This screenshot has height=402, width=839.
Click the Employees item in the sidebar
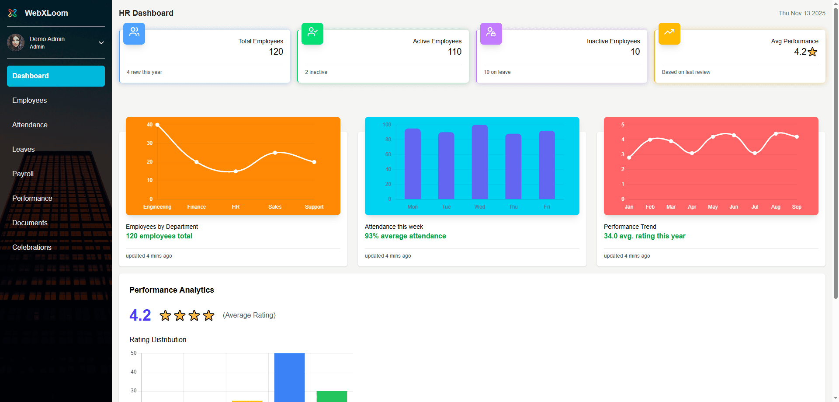point(29,100)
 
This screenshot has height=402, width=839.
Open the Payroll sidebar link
point(23,174)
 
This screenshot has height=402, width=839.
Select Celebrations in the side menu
point(31,247)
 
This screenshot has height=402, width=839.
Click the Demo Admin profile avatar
point(16,42)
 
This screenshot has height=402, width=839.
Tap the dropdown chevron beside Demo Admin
point(101,43)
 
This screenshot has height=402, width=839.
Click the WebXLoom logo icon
point(13,13)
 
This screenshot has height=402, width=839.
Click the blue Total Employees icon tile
point(134,33)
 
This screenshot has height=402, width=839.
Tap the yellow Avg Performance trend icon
point(669,33)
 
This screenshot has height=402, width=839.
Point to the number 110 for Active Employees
point(454,52)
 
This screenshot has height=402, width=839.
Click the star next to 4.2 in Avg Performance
point(812,52)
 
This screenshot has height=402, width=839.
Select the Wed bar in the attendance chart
point(480,162)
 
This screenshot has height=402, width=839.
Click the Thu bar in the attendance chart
point(513,166)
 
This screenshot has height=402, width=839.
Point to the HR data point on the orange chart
point(236,171)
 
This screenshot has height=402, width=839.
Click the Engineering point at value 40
point(157,125)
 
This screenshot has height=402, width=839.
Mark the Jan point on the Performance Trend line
point(629,157)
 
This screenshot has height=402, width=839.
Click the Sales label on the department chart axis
point(275,207)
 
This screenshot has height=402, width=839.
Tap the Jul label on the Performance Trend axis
point(755,207)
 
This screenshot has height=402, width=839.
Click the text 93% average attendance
point(405,236)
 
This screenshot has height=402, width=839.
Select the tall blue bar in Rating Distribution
point(289,377)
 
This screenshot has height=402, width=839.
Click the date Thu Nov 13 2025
point(801,13)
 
